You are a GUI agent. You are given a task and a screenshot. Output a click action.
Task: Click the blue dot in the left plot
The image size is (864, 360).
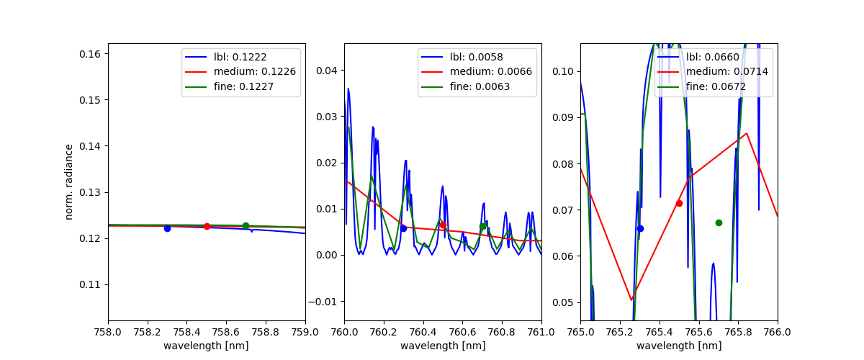(167, 228)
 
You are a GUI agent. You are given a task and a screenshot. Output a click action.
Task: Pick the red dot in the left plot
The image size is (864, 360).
(207, 226)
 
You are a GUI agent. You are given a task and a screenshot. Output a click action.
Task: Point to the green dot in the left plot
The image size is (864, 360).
(246, 225)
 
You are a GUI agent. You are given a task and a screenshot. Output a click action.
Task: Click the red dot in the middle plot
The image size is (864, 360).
(443, 225)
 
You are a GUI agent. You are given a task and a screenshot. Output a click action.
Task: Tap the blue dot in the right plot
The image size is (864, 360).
(640, 228)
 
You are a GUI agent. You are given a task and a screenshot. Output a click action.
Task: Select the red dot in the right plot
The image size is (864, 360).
(679, 203)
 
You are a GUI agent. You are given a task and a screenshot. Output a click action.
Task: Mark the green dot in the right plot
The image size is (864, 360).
(719, 222)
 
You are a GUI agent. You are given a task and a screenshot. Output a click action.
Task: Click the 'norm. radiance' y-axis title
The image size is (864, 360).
(69, 181)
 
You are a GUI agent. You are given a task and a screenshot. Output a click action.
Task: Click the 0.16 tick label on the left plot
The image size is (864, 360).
(93, 53)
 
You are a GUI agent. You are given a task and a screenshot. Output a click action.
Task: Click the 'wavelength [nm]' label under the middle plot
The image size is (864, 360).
(443, 346)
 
